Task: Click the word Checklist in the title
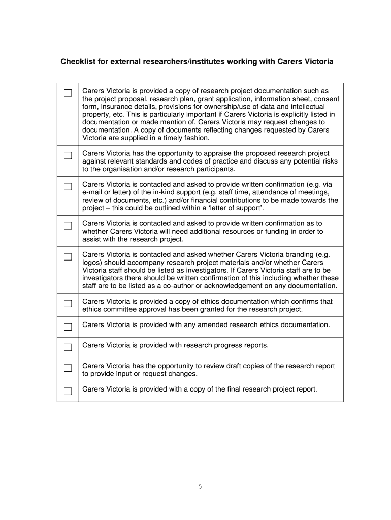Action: [x=78, y=62]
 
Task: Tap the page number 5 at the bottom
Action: [x=200, y=486]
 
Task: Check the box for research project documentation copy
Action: [x=68, y=93]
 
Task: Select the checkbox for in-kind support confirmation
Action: [x=68, y=186]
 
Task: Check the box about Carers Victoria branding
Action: [x=68, y=256]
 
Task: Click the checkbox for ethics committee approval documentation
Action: [x=68, y=304]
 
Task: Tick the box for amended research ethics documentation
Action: [x=68, y=327]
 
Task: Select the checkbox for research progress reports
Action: [x=68, y=348]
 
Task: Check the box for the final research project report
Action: [x=68, y=391]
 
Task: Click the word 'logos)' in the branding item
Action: [x=93, y=263]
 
